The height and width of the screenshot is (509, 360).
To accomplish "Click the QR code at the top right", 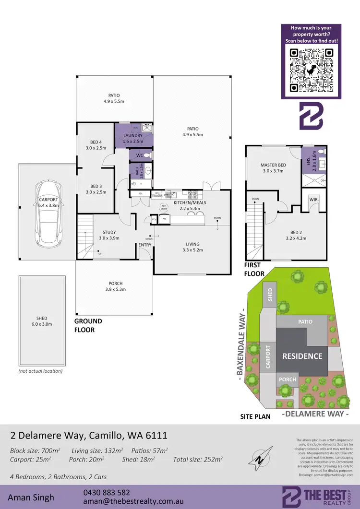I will click(x=311, y=71).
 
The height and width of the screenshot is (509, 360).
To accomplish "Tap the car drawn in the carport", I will click(x=48, y=213).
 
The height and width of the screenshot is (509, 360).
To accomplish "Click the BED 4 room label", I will click(x=96, y=142).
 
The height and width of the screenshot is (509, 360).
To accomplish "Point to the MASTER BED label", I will click(x=273, y=165).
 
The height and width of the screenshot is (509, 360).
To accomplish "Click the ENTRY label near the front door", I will click(x=144, y=245).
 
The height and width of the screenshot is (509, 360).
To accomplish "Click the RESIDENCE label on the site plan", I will click(x=302, y=356).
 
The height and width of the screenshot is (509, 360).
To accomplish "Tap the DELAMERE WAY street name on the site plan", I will click(x=314, y=414).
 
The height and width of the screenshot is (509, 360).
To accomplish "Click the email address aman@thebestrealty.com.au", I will click(x=124, y=501).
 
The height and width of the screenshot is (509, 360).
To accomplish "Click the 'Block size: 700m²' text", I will click(x=35, y=450).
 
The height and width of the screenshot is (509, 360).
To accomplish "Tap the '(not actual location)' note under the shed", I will click(x=40, y=371).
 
